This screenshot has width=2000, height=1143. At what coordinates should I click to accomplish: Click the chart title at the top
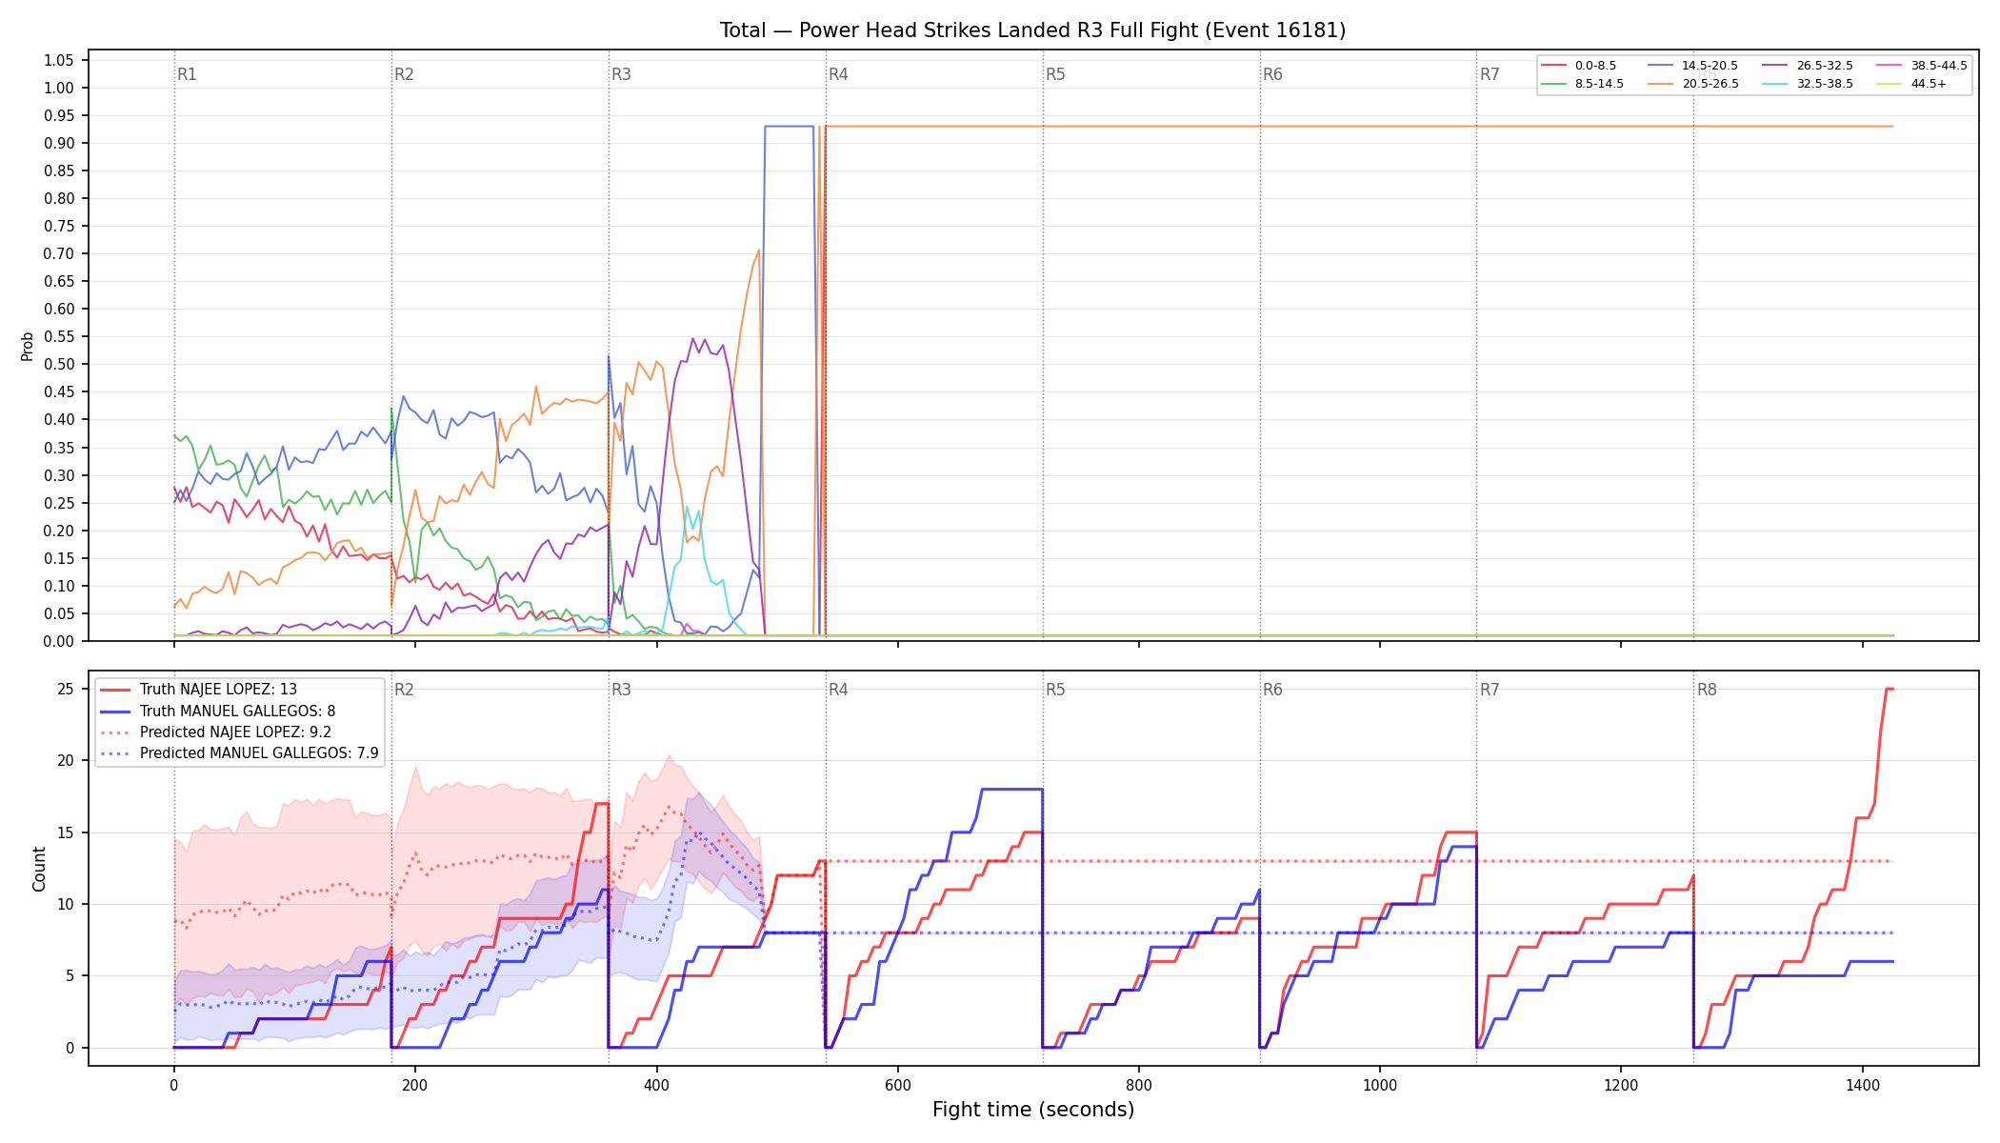coord(1032,30)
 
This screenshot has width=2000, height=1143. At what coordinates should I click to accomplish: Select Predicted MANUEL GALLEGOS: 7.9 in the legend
coord(239,753)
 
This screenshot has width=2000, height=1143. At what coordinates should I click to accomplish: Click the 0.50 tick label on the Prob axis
coord(58,364)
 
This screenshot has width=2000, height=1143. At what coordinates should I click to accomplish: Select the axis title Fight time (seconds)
coord(1033,1110)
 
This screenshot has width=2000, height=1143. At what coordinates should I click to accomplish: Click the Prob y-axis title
coord(28,346)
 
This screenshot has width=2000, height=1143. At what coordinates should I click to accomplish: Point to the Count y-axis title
coord(39,869)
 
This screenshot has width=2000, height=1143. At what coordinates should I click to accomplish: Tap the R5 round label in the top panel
coord(1055,74)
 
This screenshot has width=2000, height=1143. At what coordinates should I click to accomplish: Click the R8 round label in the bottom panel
coord(1707,690)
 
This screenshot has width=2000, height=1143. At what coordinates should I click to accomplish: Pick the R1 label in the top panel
coord(187,74)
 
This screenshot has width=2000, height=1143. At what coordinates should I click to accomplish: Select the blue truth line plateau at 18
coord(1011,789)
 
